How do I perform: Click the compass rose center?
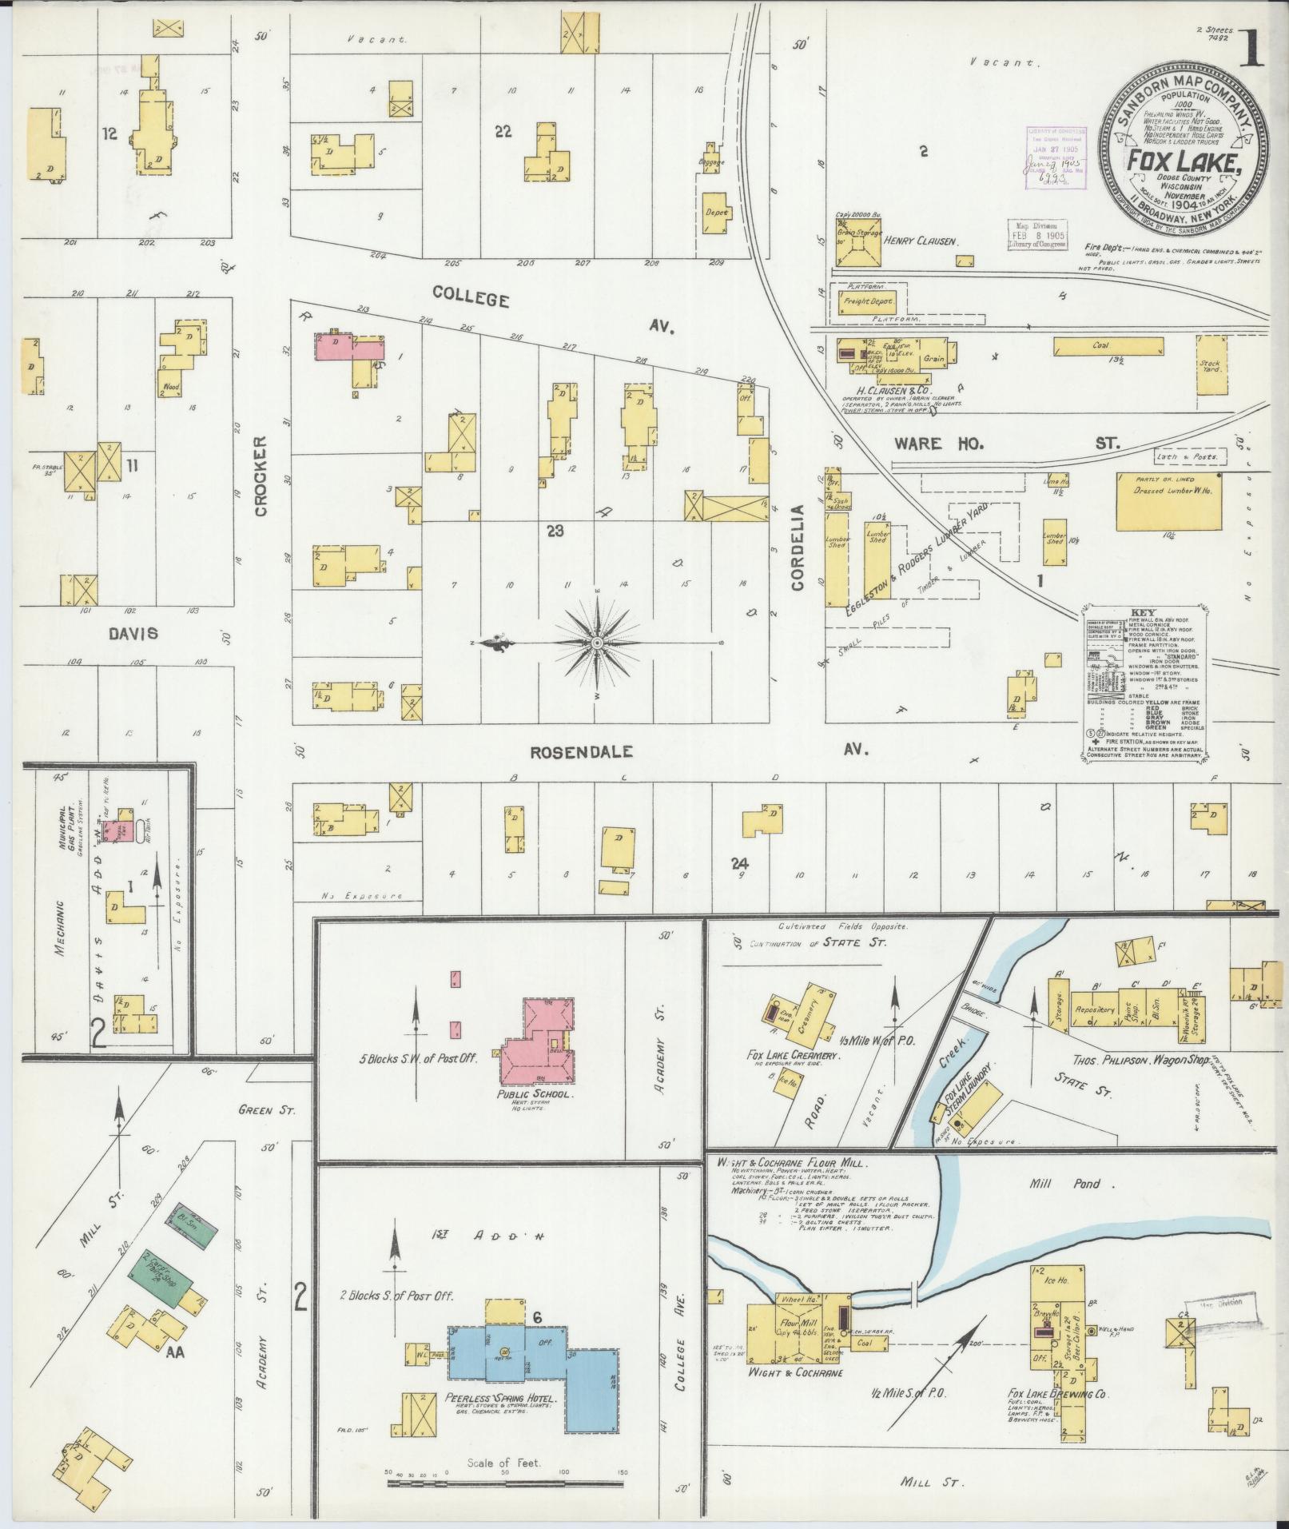(597, 643)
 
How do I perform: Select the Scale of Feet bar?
(504, 1483)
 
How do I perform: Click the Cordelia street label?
(797, 547)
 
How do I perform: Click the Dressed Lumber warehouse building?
(1168, 501)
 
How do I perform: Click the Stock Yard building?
(1209, 364)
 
